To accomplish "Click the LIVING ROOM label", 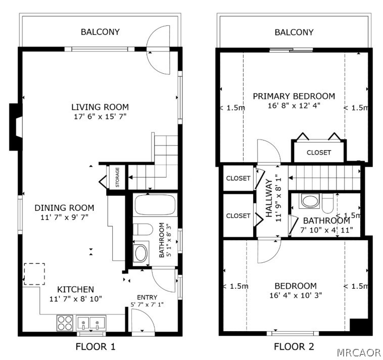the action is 100,107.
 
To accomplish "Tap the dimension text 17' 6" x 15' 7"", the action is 100,117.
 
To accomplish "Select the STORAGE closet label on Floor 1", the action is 118,177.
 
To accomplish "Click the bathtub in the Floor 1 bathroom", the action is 155,205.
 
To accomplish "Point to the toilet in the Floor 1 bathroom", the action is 143,229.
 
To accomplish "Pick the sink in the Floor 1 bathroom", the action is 141,253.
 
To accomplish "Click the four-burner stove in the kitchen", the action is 65,323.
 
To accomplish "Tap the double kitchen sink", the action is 91,323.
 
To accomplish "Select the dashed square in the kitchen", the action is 34,274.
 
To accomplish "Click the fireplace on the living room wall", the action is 16,127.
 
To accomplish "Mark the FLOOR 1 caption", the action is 95,346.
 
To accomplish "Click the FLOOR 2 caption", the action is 294,346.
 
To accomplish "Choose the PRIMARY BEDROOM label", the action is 294,96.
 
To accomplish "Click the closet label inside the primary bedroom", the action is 319,153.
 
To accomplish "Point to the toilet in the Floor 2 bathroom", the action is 327,203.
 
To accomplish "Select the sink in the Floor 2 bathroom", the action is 310,201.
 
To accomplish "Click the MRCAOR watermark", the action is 358,352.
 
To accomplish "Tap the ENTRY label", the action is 147,297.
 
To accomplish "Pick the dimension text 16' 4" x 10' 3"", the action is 296,295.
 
